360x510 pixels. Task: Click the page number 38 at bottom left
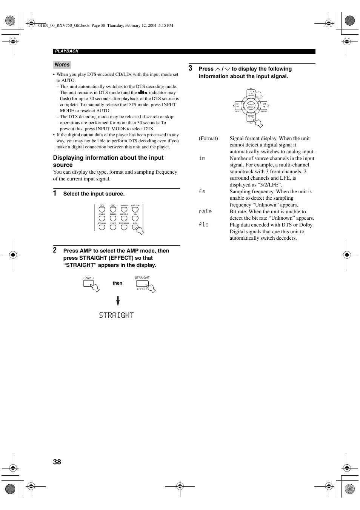(x=57, y=462)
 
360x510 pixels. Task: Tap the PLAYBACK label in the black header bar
(x=67, y=51)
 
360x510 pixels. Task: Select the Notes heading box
(x=62, y=65)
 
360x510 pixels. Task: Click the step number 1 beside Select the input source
(x=55, y=193)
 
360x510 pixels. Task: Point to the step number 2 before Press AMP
(x=55, y=250)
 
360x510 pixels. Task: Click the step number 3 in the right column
(x=191, y=68)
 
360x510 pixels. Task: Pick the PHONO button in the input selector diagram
(x=124, y=210)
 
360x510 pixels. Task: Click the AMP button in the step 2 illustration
(x=89, y=283)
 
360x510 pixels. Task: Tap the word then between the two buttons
(x=117, y=283)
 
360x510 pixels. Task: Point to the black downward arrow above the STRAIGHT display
(x=118, y=301)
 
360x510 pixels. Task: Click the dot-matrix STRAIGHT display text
(x=116, y=315)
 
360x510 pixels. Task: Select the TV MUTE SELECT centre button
(x=251, y=106)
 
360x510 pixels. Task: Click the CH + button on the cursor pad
(x=264, y=106)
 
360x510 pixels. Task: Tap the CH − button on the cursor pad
(x=238, y=106)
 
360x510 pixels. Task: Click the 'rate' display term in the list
(x=205, y=212)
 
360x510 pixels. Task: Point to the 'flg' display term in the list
(x=204, y=225)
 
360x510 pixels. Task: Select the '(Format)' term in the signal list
(x=208, y=139)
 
